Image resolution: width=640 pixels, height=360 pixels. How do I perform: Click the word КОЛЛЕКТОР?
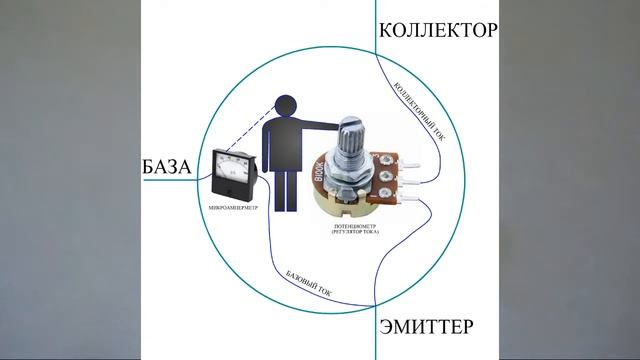[x=437, y=30]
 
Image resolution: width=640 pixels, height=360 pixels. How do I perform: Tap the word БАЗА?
[x=167, y=166]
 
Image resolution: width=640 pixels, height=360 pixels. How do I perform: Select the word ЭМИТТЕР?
[x=426, y=327]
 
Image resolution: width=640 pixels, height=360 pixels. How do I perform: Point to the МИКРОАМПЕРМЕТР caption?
[x=234, y=207]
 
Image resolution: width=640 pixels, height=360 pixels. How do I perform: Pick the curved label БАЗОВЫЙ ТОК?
[x=309, y=286]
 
